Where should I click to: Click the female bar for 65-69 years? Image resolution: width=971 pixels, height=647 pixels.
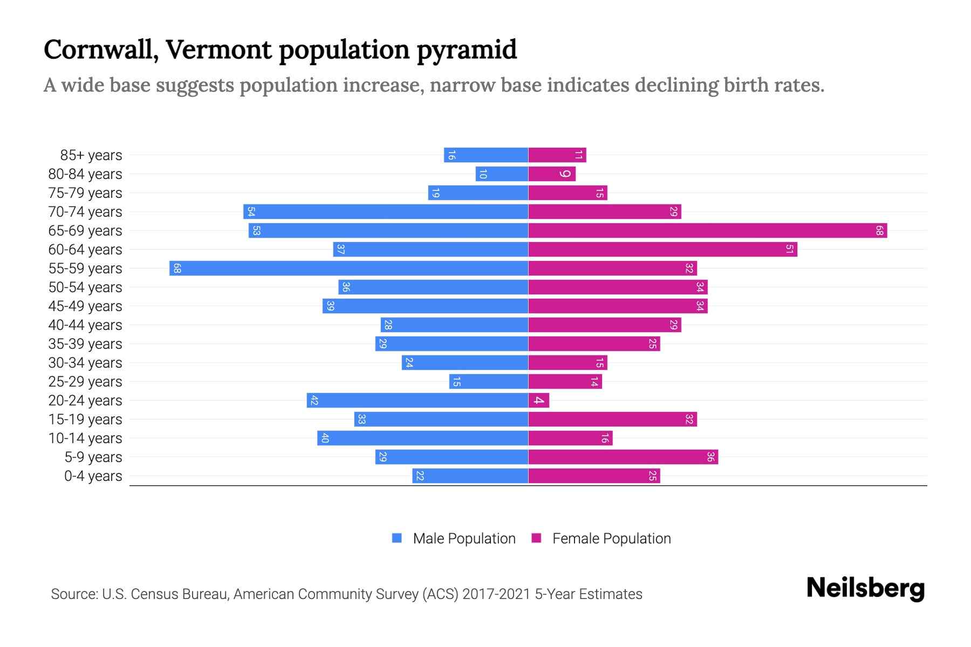(x=707, y=231)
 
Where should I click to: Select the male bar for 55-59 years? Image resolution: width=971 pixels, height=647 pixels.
(x=348, y=269)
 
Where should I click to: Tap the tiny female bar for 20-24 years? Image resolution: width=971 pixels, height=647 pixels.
(x=538, y=401)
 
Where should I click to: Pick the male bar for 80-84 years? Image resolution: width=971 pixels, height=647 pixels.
(x=502, y=174)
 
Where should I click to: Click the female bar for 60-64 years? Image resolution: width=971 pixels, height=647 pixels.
(x=662, y=250)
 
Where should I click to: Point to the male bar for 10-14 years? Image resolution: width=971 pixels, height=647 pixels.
(x=422, y=438)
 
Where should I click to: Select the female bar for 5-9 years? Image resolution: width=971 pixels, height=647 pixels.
(x=623, y=457)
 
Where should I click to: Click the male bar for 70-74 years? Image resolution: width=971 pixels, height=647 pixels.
(x=385, y=212)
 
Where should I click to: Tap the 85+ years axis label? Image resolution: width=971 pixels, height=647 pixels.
(x=91, y=155)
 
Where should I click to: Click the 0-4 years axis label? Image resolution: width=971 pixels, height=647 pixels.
(x=93, y=476)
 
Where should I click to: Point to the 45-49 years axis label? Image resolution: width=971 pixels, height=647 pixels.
(x=85, y=306)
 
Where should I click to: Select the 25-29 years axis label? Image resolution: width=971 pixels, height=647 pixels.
(x=85, y=382)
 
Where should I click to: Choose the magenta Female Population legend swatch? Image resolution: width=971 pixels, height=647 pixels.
(x=536, y=538)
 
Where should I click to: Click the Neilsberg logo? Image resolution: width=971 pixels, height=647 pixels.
(x=865, y=588)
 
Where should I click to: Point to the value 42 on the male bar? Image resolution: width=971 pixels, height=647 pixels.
(x=314, y=401)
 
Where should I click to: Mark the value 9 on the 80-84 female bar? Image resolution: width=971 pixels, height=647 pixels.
(x=565, y=174)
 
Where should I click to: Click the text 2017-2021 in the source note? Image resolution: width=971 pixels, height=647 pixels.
(x=496, y=594)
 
